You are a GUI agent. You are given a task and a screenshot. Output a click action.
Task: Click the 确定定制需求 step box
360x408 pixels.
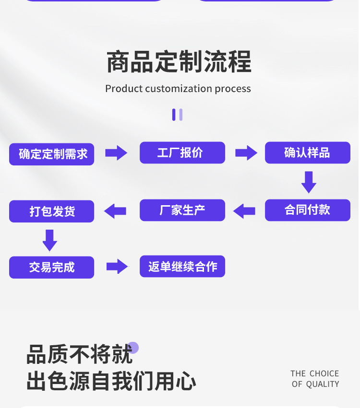tap(51, 154)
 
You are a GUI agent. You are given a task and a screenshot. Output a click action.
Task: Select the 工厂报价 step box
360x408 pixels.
tap(182, 153)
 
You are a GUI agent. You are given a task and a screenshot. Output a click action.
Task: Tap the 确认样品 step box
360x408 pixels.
tap(307, 153)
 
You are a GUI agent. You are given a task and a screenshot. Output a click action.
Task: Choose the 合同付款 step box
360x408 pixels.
tap(307, 210)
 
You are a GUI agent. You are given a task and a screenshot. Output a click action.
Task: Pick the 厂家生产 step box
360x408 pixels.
tap(182, 210)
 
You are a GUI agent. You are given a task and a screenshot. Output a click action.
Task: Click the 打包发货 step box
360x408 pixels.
tap(51, 211)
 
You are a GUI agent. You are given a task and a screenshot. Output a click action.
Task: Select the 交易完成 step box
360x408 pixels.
tap(51, 267)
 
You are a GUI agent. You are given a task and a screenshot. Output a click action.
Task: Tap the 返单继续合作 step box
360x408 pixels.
tap(182, 267)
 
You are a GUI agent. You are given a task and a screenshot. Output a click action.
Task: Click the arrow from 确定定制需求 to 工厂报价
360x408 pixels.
tap(116, 153)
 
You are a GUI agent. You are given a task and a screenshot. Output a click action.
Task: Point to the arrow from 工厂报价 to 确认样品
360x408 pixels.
tap(246, 153)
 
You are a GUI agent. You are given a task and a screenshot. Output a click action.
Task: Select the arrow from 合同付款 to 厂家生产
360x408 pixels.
tap(244, 210)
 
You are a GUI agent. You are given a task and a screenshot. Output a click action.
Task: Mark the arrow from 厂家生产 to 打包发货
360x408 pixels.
tap(115, 210)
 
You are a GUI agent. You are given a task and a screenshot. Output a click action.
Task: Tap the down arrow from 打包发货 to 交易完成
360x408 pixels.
tap(50, 240)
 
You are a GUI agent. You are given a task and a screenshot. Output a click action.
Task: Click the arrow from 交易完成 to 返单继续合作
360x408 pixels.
tap(117, 267)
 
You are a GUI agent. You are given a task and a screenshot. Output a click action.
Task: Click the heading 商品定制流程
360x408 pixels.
tap(179, 62)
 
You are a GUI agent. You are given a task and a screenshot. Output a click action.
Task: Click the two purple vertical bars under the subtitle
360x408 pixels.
tap(177, 115)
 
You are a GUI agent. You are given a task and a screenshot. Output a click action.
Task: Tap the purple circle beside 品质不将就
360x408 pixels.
tap(133, 348)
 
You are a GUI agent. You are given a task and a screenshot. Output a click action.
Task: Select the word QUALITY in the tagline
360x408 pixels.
tap(322, 384)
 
